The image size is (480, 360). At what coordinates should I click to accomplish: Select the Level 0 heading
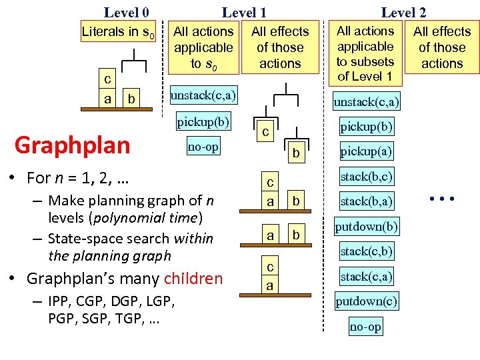coord(126,12)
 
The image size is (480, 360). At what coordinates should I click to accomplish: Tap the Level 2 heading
coord(403,12)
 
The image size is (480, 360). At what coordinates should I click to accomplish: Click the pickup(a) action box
coord(366,151)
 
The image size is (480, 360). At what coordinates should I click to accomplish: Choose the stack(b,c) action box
coord(366,177)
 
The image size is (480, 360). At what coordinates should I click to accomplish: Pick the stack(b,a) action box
coord(366,201)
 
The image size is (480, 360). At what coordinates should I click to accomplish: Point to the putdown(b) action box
coord(366,227)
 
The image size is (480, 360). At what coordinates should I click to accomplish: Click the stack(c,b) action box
coord(366,251)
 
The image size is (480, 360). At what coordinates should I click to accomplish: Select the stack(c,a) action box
coord(366,276)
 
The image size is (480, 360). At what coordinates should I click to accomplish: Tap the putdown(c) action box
coord(366,301)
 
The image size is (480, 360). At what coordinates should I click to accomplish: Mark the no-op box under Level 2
coord(366,326)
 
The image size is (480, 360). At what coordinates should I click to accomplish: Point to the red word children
coord(193,278)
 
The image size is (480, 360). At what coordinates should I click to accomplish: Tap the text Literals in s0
coord(118,31)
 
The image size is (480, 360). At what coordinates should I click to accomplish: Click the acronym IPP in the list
coord(60,301)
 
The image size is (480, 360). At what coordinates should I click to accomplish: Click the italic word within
coord(193,238)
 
